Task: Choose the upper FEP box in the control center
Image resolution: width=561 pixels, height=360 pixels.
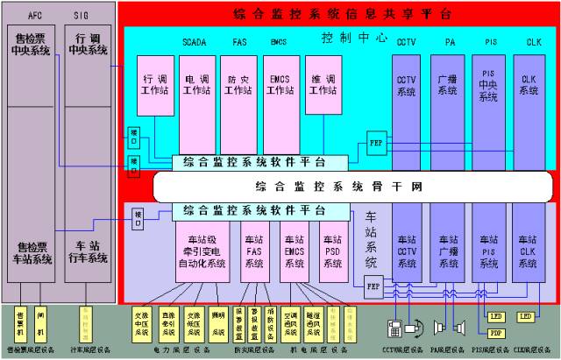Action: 376,143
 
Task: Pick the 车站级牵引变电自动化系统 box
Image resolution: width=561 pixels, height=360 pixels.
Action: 201,251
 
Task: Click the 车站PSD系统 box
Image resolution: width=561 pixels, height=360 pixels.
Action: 332,251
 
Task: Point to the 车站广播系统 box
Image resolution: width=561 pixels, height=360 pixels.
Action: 447,251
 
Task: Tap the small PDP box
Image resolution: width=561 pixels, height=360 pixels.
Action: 495,333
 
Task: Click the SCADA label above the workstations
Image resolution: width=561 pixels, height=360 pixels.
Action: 195,42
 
